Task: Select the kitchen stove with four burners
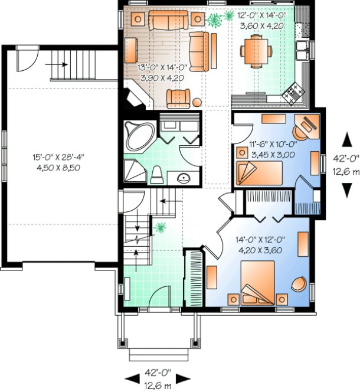pos(293,92)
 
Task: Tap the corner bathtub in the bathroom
pos(139,135)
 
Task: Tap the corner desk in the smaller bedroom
pos(307,124)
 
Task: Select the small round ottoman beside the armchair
pos(197,103)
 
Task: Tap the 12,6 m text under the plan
pos(158,386)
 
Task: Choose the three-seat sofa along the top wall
pos(168,22)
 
